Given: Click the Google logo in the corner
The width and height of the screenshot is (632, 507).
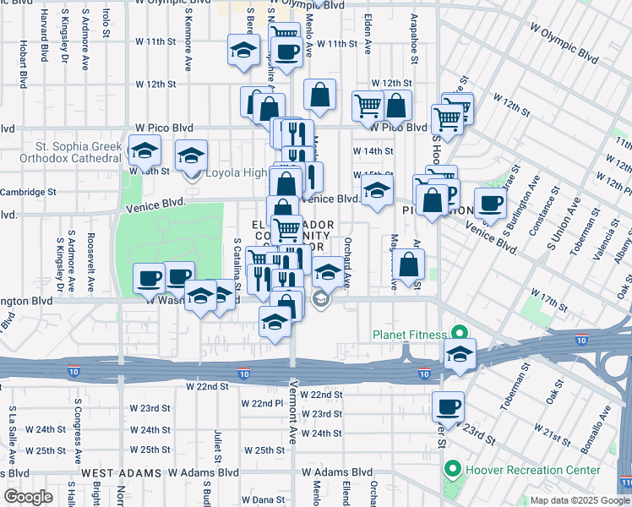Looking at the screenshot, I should [x=28, y=497].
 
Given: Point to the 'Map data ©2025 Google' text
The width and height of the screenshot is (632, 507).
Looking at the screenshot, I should [x=580, y=500].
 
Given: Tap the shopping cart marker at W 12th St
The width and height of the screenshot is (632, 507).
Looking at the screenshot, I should [x=368, y=106].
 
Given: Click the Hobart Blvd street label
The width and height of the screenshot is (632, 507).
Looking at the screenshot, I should [x=22, y=62].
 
